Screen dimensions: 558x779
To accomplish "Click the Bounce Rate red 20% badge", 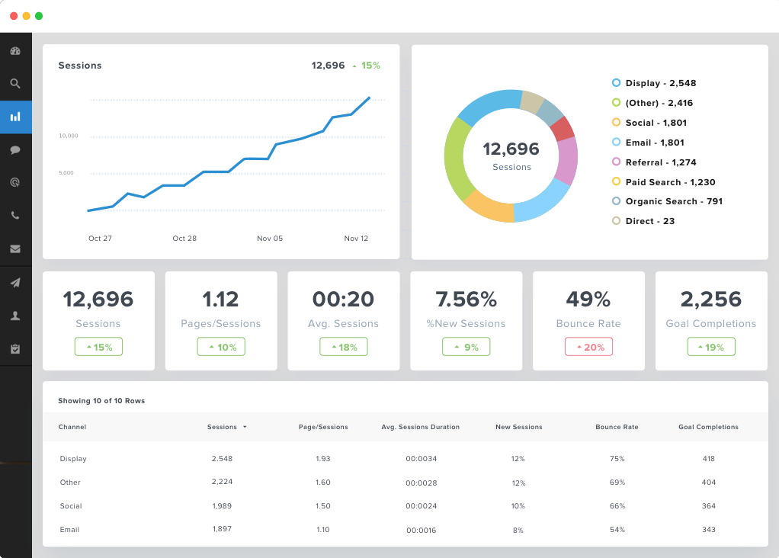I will pyautogui.click(x=588, y=347).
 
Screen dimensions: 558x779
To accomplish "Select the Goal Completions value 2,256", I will pyautogui.click(x=710, y=299).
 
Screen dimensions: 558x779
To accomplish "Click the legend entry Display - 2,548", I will pyautogui.click(x=660, y=83).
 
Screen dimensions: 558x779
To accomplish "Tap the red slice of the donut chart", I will pyautogui.click(x=563, y=130).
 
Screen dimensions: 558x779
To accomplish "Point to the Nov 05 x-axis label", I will pyautogui.click(x=270, y=239).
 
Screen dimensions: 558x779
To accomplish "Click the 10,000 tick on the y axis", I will pyautogui.click(x=69, y=136).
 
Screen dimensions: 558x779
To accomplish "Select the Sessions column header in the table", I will pyautogui.click(x=223, y=427).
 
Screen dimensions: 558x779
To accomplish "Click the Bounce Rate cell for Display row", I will pyautogui.click(x=617, y=459).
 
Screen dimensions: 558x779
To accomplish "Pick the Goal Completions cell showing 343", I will pyautogui.click(x=709, y=530).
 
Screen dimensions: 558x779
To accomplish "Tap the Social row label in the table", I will pyautogui.click(x=71, y=506).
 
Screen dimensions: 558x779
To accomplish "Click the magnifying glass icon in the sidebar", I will pyautogui.click(x=15, y=84).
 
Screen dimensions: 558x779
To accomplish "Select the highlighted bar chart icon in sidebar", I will pyautogui.click(x=15, y=117).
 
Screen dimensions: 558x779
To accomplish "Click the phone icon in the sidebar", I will pyautogui.click(x=15, y=216).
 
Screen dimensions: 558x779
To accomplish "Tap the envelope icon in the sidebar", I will pyautogui.click(x=15, y=249).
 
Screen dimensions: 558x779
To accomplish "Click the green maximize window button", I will pyautogui.click(x=39, y=16).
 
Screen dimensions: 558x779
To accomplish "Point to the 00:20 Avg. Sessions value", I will pyautogui.click(x=343, y=299).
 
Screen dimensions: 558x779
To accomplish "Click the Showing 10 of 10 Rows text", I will pyautogui.click(x=101, y=400).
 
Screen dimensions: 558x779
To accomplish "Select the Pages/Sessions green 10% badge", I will pyautogui.click(x=221, y=347).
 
